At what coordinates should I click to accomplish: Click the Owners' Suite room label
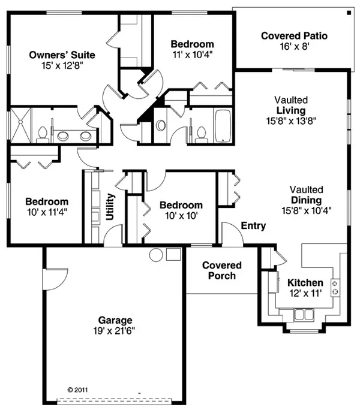(x=62, y=55)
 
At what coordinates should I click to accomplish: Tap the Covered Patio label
(x=294, y=36)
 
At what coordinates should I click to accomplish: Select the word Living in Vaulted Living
(x=291, y=110)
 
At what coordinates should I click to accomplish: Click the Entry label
(x=253, y=225)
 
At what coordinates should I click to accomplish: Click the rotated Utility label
(x=110, y=207)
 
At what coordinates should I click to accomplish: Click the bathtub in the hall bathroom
(x=223, y=126)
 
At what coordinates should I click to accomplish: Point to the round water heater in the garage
(x=156, y=255)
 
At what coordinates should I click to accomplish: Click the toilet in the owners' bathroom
(x=43, y=134)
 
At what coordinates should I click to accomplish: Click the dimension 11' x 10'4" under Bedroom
(x=192, y=55)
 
